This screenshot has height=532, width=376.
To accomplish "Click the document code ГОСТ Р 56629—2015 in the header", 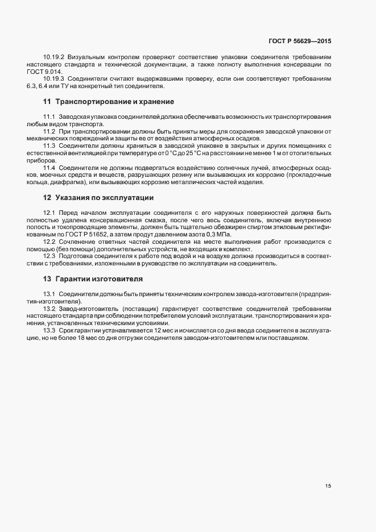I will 300,41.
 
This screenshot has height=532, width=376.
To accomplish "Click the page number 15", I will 328,486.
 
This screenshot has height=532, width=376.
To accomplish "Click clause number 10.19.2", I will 53,57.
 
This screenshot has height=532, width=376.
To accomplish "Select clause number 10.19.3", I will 53,78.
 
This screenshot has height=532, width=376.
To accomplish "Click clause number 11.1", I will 49,117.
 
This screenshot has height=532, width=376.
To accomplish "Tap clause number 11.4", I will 49,168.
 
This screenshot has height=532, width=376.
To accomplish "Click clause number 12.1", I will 49,212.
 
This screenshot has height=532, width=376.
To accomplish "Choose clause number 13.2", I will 49,309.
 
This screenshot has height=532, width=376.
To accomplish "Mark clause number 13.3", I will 49,331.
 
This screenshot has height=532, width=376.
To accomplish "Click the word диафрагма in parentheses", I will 63,182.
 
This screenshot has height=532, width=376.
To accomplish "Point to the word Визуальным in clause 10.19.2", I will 86,57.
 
